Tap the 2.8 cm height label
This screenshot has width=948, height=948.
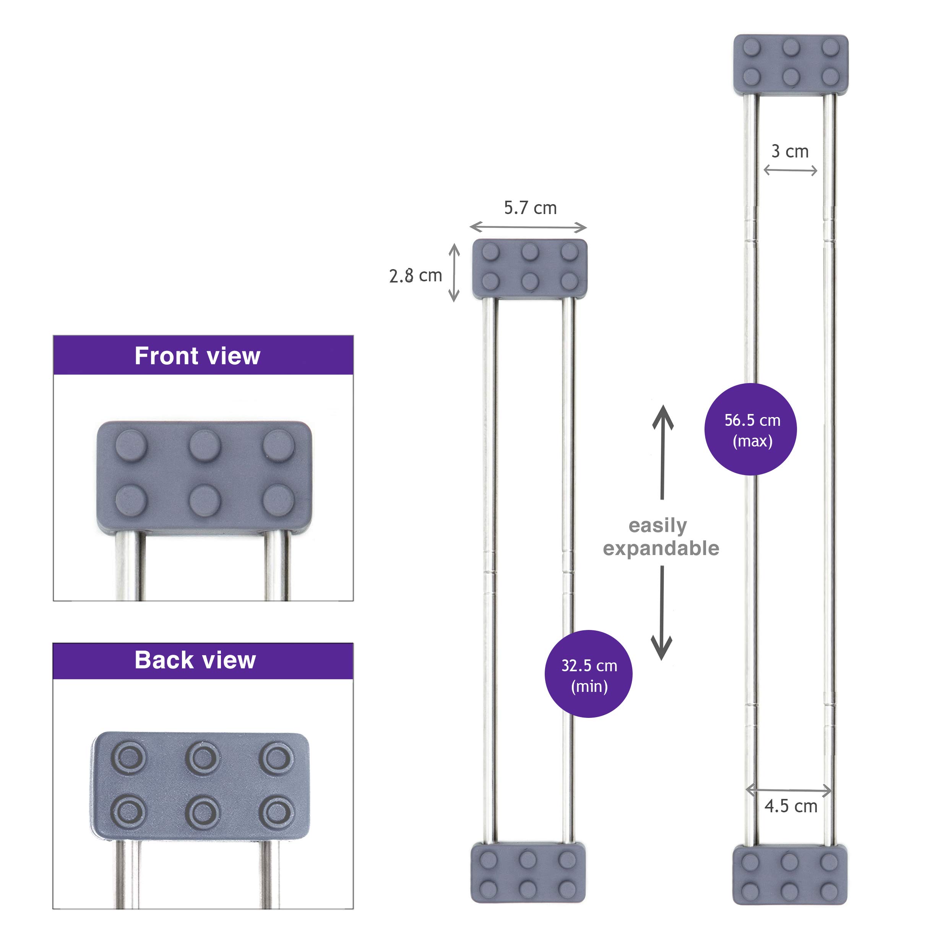click(415, 276)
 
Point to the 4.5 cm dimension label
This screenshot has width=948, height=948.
click(791, 806)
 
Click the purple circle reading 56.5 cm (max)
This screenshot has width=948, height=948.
click(750, 429)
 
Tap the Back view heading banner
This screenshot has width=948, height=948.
click(203, 661)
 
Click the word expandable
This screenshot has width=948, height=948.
click(661, 549)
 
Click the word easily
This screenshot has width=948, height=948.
click(657, 526)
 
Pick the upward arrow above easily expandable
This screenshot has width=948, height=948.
click(662, 451)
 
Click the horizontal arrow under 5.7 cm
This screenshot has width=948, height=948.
click(528, 227)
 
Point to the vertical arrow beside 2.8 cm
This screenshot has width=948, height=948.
click(455, 273)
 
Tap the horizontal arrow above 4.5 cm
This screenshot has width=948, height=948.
click(789, 790)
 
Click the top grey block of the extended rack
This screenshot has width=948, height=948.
click(790, 64)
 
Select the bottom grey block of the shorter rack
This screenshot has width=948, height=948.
click(528, 872)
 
